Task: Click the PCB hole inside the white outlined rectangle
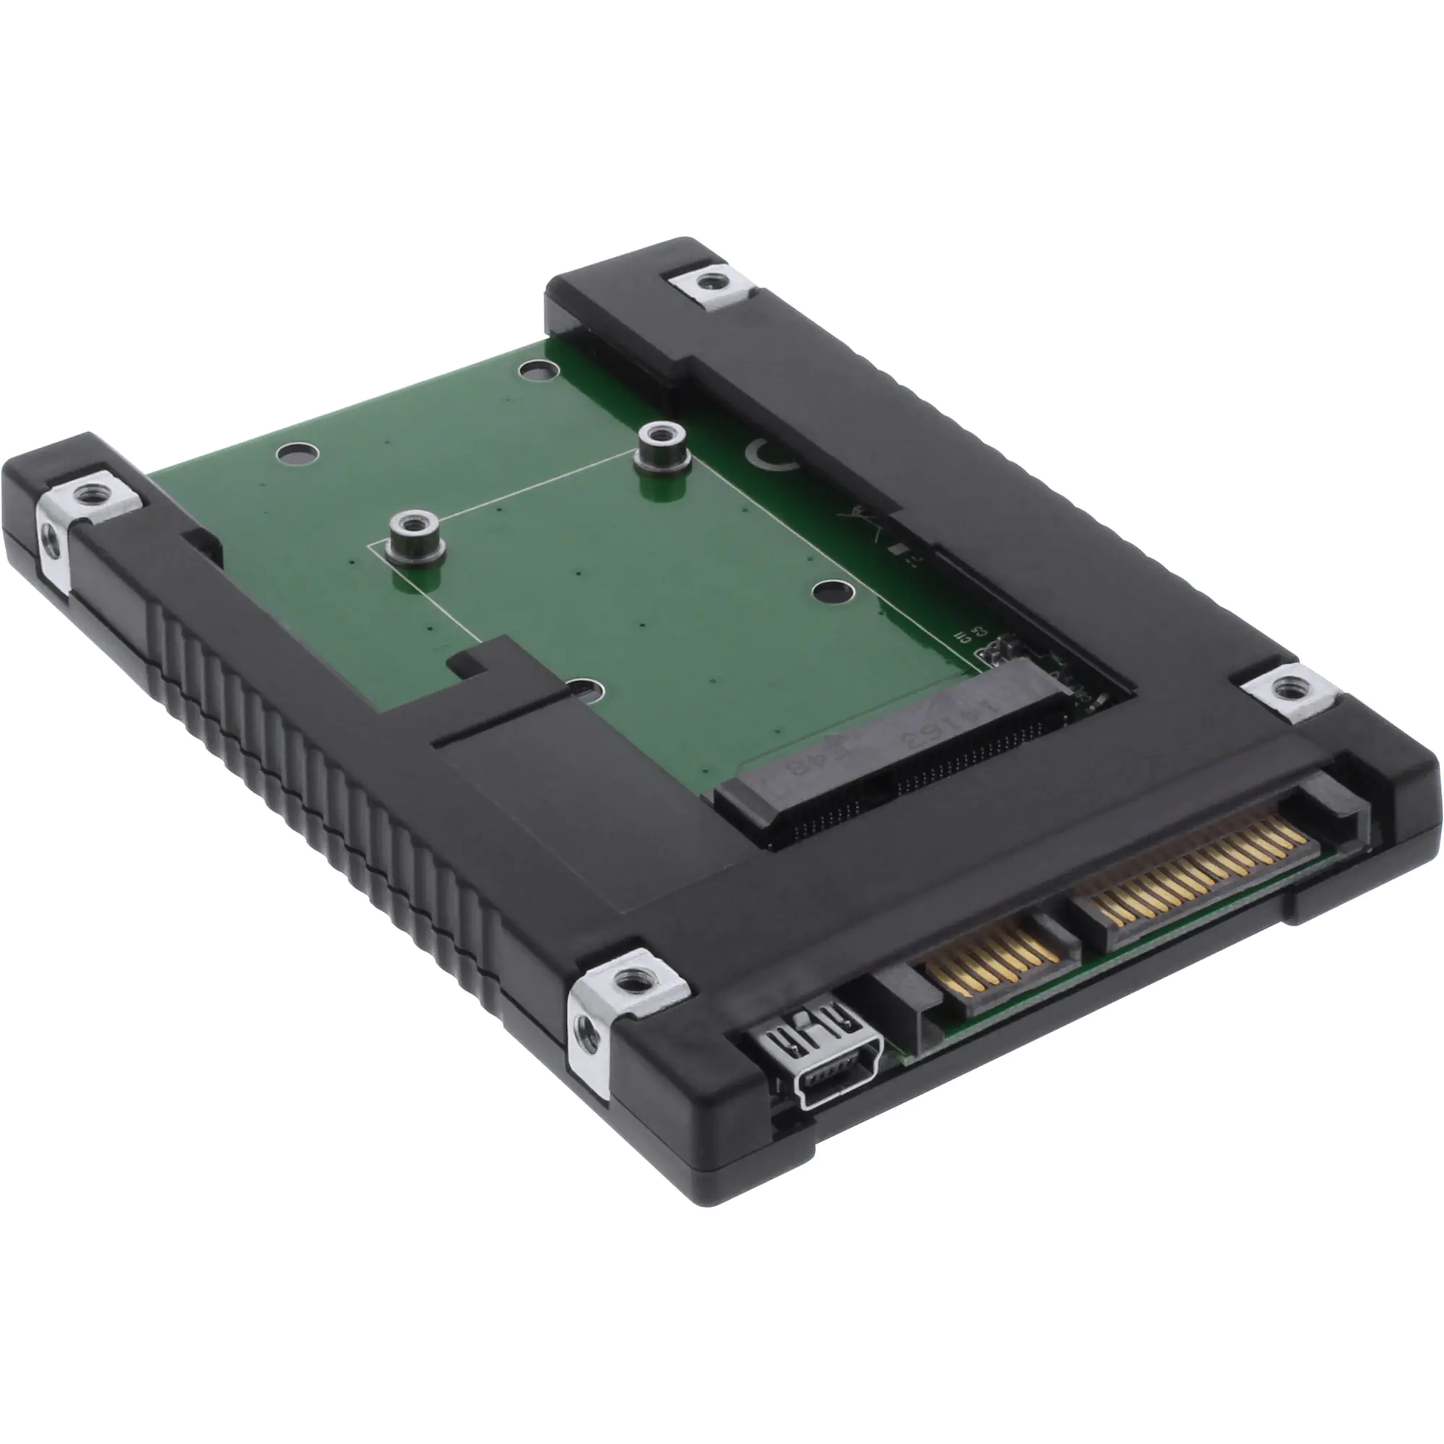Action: (x=833, y=593)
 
